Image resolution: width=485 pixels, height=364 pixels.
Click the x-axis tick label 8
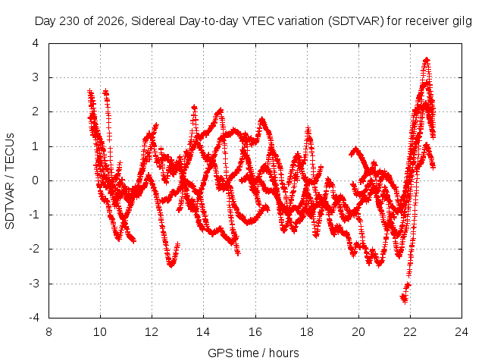click(48, 332)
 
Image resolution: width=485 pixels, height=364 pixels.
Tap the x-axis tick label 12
click(152, 332)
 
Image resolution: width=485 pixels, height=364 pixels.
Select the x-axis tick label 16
click(255, 332)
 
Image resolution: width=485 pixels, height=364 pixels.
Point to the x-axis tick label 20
click(358, 332)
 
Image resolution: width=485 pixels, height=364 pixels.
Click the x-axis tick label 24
click(462, 332)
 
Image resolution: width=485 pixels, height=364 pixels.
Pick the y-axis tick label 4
click(36, 43)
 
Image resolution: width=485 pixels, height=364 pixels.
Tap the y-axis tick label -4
click(33, 318)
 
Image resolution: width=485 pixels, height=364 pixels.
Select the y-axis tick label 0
click(36, 180)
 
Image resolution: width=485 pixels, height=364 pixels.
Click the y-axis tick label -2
click(33, 249)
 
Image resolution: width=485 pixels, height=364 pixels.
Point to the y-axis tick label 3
click(36, 77)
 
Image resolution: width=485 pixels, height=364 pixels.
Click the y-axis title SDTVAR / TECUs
click(10, 181)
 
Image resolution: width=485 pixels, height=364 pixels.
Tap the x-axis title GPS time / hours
click(253, 353)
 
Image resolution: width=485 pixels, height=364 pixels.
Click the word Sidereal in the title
click(153, 21)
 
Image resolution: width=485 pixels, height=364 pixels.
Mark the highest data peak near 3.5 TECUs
click(427, 59)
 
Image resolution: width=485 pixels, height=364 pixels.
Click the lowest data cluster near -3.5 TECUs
click(404, 299)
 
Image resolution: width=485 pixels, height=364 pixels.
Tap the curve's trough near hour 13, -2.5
click(171, 265)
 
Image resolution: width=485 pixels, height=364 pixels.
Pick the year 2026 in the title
click(111, 21)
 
